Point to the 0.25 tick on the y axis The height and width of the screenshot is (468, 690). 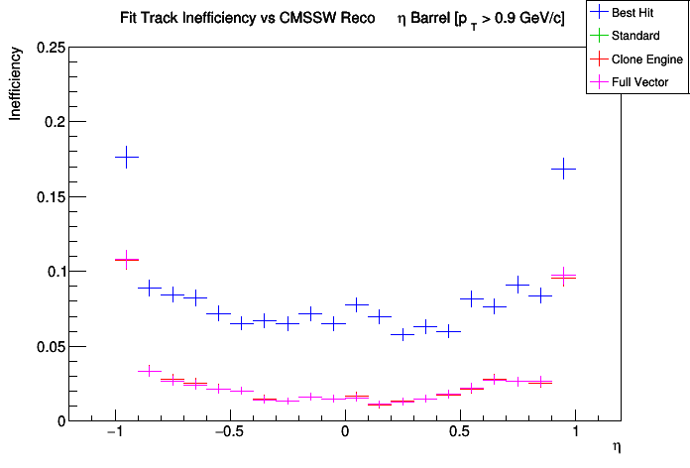pyautogui.click(x=50, y=48)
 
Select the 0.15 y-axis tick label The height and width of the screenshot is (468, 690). pyautogui.click(x=50, y=196)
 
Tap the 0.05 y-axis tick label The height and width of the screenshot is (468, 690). pyautogui.click(x=50, y=346)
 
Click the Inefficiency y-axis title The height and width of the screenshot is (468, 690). pyautogui.click(x=16, y=87)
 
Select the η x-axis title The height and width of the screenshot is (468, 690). pyautogui.click(x=617, y=447)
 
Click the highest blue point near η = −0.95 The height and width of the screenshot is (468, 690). pyautogui.click(x=126, y=157)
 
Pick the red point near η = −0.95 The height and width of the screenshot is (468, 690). pyautogui.click(x=126, y=259)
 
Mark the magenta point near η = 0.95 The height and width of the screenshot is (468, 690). pyautogui.click(x=563, y=276)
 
